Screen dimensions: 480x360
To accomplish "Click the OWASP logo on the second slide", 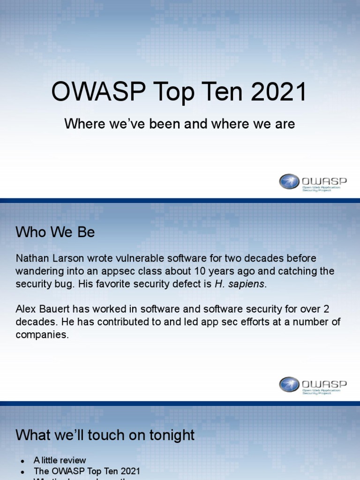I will [x=312, y=384].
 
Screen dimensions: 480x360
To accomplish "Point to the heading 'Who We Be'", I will [x=55, y=232].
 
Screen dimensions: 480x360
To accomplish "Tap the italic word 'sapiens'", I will [x=246, y=284].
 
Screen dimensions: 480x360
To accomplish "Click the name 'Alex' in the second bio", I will [x=26, y=309].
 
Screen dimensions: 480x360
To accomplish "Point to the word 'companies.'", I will [x=42, y=335].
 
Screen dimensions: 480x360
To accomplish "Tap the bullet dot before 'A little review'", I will [x=22, y=460].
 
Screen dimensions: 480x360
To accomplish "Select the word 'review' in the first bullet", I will [x=73, y=460].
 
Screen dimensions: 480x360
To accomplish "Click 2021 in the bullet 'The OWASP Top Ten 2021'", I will [x=130, y=471].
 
